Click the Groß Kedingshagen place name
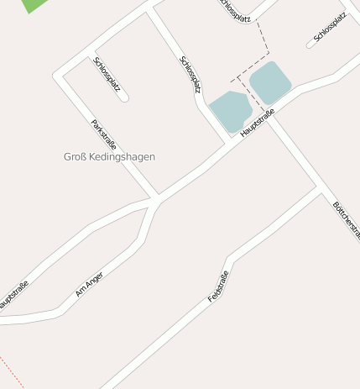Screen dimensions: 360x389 tap(109, 156)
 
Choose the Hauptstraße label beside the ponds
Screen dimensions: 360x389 tap(257, 123)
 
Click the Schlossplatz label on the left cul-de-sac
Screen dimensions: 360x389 tap(107, 74)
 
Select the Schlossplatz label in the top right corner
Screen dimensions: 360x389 tap(329, 28)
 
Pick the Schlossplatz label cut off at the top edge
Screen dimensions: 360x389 tap(235, 9)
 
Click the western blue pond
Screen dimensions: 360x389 tap(230, 111)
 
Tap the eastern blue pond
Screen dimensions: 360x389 tap(270, 82)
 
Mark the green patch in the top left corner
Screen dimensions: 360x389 tap(34, 4)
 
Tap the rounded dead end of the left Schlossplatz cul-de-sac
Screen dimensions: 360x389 tap(124, 98)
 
